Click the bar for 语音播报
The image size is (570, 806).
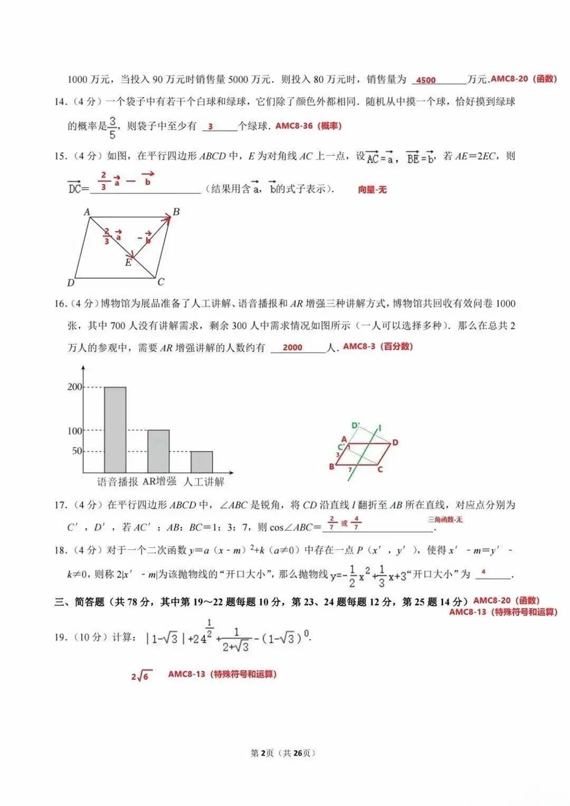pos(115,430)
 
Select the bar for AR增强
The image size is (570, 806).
pos(158,451)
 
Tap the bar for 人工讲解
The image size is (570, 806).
pos(202,462)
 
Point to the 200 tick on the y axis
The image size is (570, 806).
pos(75,387)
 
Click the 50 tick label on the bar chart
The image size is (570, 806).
pos(77,451)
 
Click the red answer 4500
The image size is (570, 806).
pos(426,80)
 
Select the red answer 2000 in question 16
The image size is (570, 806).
pos(292,347)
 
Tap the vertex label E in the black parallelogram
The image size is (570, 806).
pos(128,262)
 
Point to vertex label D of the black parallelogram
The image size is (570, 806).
pos(71,283)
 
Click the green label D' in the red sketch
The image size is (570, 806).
pos(356,425)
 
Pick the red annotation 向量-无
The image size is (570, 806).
pos(372,189)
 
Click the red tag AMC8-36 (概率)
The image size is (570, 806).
pos(308,126)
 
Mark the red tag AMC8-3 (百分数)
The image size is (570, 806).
pos(378,347)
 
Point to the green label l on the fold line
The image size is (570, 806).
pos(380,428)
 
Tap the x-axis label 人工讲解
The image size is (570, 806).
pos(204,482)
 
